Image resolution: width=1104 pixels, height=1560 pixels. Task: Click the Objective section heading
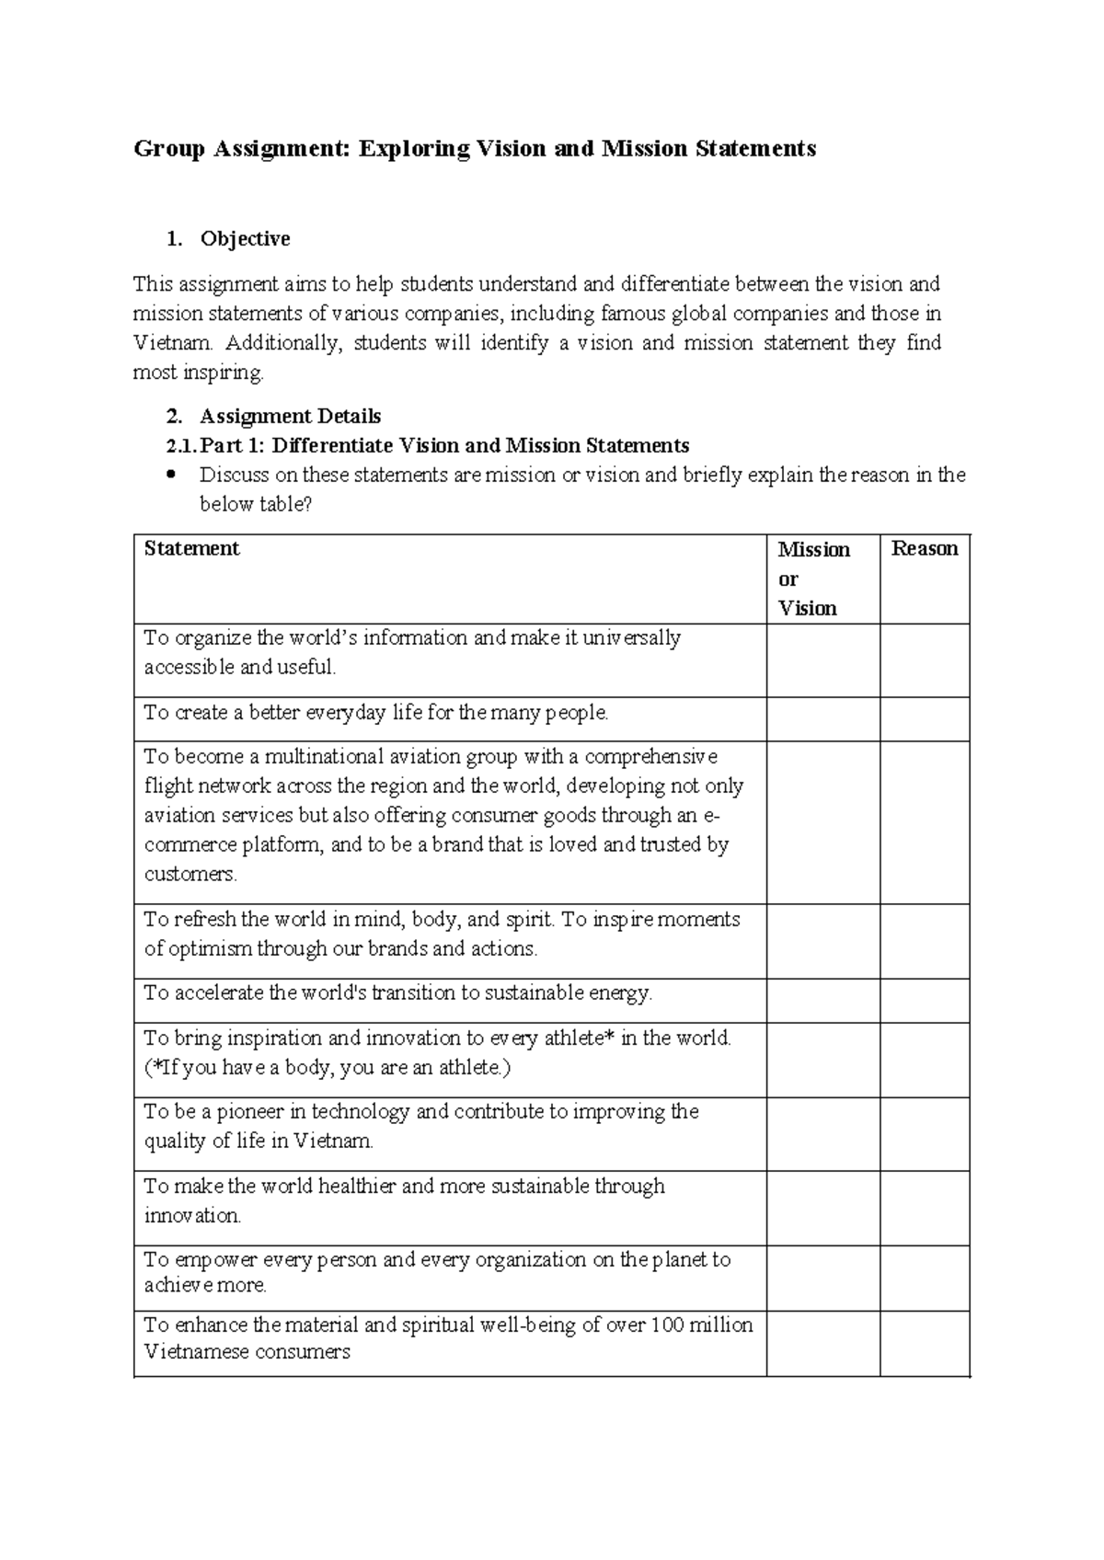click(245, 239)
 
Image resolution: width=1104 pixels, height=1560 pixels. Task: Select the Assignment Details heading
click(290, 417)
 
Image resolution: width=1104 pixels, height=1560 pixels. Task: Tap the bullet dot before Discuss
click(170, 476)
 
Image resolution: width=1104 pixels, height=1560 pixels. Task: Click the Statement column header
click(191, 548)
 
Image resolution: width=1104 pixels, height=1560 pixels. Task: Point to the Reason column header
click(925, 548)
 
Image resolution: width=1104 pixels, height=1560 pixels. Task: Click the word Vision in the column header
click(808, 608)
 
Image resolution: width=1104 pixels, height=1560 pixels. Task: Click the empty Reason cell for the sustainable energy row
click(925, 1000)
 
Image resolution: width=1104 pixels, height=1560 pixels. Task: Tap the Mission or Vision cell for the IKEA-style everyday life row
click(822, 718)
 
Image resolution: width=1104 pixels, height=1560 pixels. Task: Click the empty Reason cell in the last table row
click(925, 1343)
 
